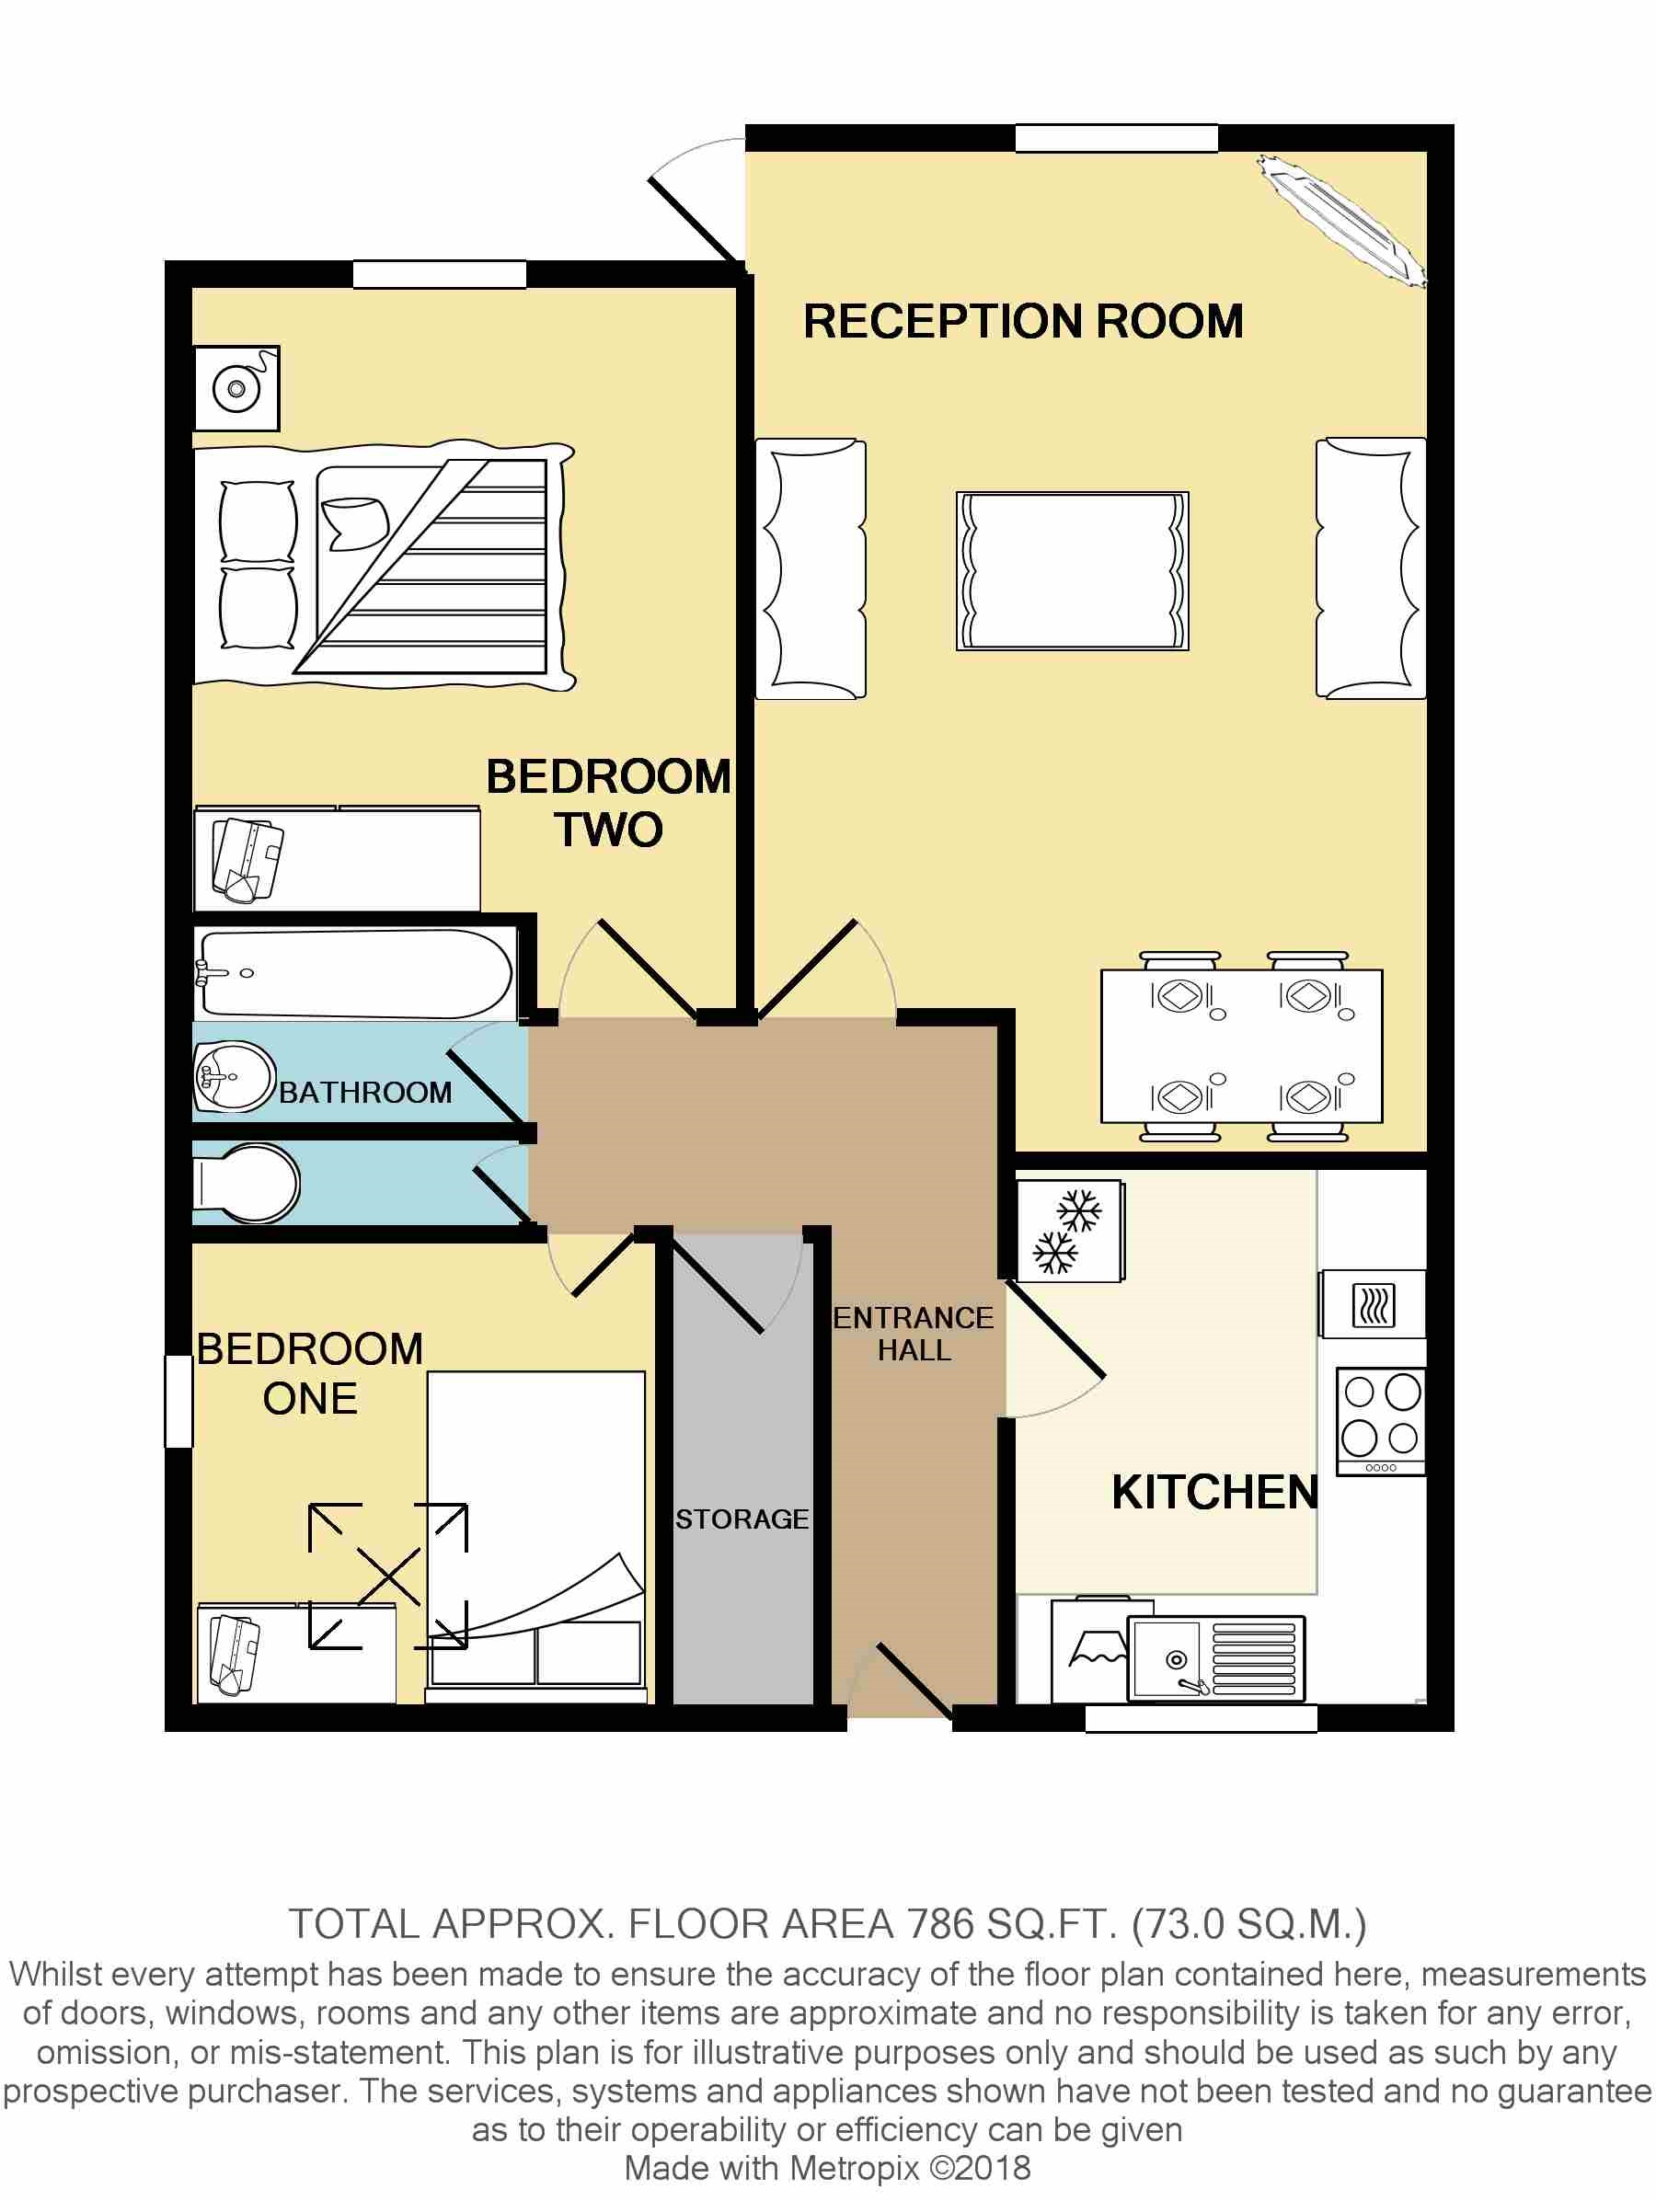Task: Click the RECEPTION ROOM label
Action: click(x=1023, y=321)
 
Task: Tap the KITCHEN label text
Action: click(x=1215, y=1493)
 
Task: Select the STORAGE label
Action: click(x=742, y=1519)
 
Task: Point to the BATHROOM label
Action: click(x=365, y=1093)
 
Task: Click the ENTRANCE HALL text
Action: click(x=914, y=1335)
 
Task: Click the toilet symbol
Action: click(x=246, y=1183)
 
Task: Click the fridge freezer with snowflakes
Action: click(x=1070, y=1231)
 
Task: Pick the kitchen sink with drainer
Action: click(x=1216, y=1658)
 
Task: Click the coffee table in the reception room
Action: click(x=1073, y=571)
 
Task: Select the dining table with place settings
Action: click(x=1242, y=1046)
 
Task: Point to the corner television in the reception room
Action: click(x=1340, y=221)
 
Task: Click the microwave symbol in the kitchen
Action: click(x=1374, y=1304)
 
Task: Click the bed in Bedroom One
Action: click(x=536, y=1536)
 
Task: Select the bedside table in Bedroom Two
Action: click(x=236, y=388)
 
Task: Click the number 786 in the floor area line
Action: click(x=940, y=1924)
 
